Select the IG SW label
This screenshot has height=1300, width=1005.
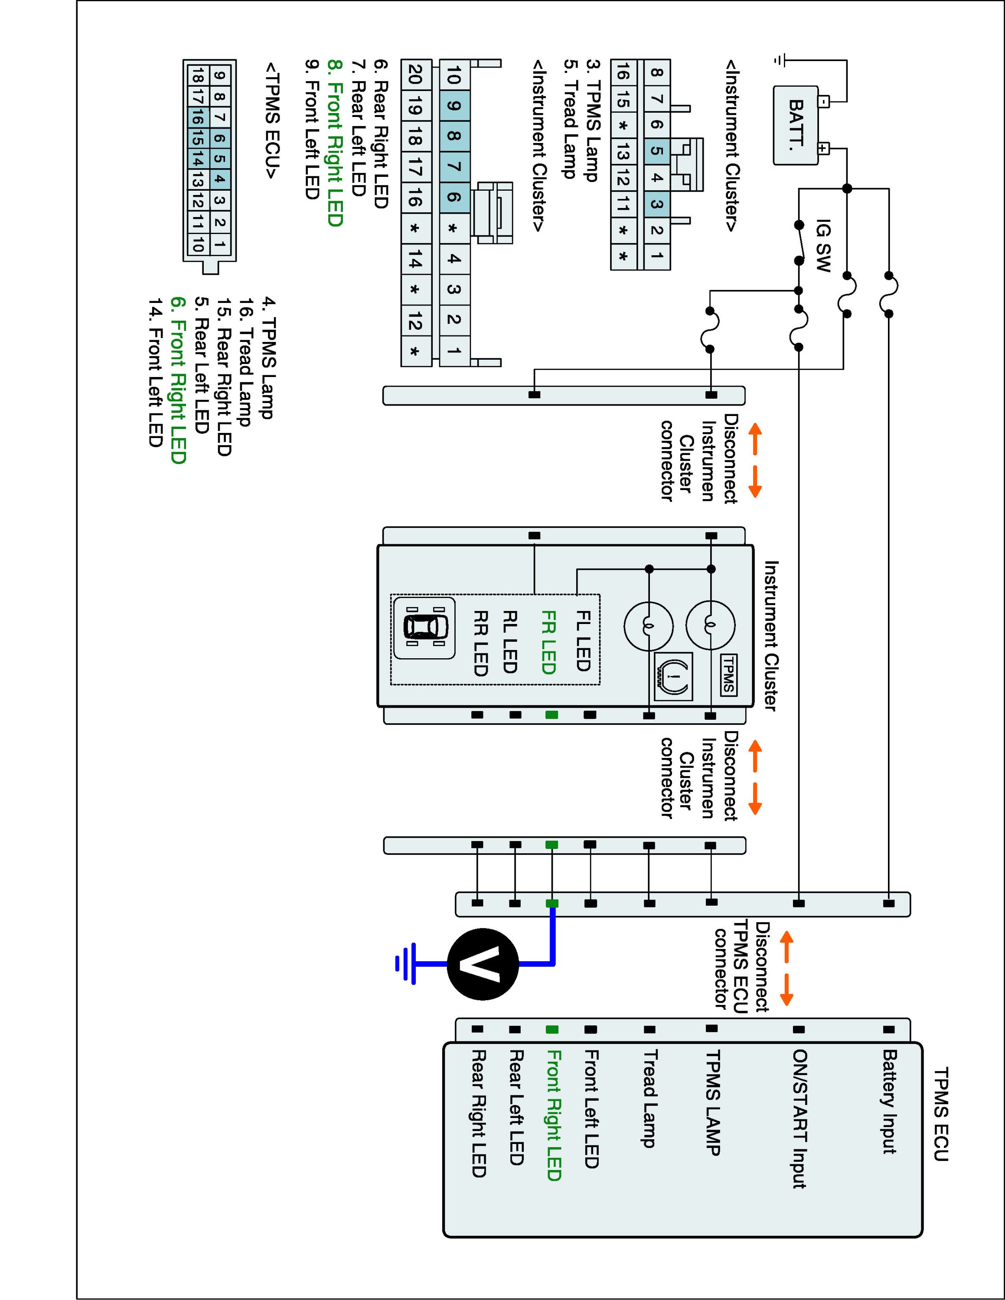(x=822, y=247)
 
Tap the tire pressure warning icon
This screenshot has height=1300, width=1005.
(x=673, y=677)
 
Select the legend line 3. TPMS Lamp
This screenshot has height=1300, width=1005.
(x=592, y=120)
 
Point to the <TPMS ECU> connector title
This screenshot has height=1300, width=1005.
(x=272, y=120)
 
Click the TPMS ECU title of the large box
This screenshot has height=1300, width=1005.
(x=941, y=1114)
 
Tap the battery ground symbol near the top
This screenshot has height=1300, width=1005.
(x=780, y=59)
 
